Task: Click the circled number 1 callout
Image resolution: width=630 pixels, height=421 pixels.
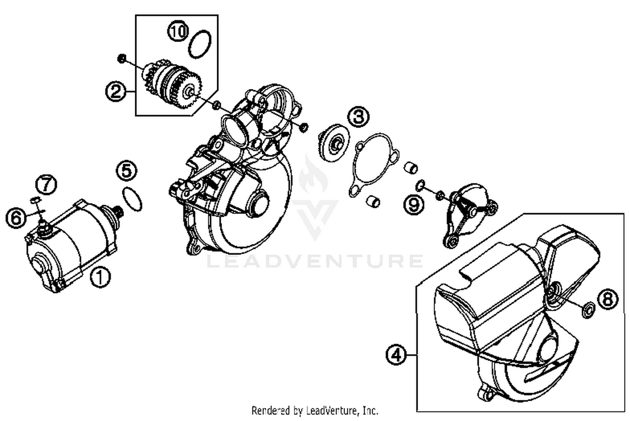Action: coord(100,277)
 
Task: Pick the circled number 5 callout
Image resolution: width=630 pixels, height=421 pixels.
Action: coord(127,171)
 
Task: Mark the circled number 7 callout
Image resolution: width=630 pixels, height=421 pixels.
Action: coord(46,184)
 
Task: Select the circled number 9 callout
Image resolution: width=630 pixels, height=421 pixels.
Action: coord(414,204)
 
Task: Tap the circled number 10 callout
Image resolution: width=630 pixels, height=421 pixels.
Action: coord(178,31)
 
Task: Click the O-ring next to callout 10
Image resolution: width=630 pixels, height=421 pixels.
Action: coord(199,44)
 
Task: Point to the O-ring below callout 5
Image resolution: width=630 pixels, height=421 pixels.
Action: coord(132,199)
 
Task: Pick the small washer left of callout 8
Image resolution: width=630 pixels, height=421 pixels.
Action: coord(587,310)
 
